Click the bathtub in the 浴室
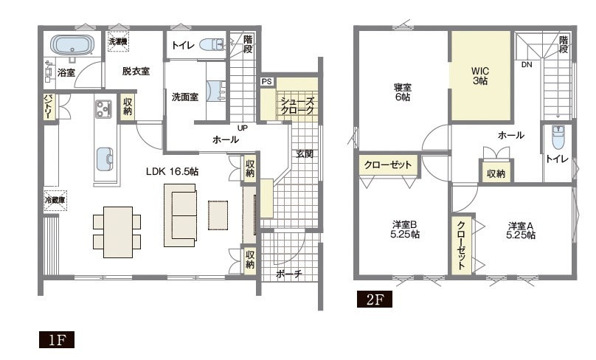[72, 46]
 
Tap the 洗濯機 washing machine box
[118, 41]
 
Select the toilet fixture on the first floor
[212, 44]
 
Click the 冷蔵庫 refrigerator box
[55, 200]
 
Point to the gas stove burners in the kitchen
[103, 108]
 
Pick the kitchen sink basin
[105, 159]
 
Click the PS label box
[267, 81]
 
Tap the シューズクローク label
[297, 105]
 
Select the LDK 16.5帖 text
[172, 171]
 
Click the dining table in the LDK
[117, 232]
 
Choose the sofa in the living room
[180, 215]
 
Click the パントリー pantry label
[49, 106]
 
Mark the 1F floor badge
[57, 340]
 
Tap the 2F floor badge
[375, 300]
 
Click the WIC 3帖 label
[480, 76]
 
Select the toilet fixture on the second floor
[558, 137]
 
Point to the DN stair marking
[527, 65]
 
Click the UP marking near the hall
[243, 128]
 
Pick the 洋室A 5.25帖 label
[521, 230]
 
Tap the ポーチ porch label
[289, 274]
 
